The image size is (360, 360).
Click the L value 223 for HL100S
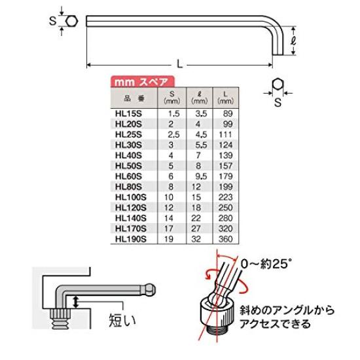pos(226,198)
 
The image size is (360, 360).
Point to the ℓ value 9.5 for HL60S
pos(198,177)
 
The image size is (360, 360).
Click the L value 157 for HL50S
pos(226,166)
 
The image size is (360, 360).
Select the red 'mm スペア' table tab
pos(140,83)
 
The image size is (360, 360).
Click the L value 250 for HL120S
pos(226,209)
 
